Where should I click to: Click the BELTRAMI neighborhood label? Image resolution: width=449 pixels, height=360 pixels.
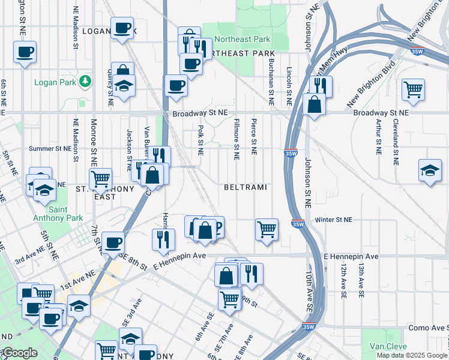245,188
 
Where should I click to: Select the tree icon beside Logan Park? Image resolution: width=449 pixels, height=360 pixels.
86,81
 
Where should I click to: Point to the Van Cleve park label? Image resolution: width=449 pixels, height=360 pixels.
388,346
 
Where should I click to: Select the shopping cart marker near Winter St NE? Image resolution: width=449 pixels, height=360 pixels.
267,229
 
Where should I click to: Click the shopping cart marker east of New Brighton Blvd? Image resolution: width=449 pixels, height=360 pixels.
414,89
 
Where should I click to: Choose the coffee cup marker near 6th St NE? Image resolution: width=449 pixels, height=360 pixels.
25,52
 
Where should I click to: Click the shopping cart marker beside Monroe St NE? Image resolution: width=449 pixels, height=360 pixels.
100,178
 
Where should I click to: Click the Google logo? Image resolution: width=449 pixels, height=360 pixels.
19,353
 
